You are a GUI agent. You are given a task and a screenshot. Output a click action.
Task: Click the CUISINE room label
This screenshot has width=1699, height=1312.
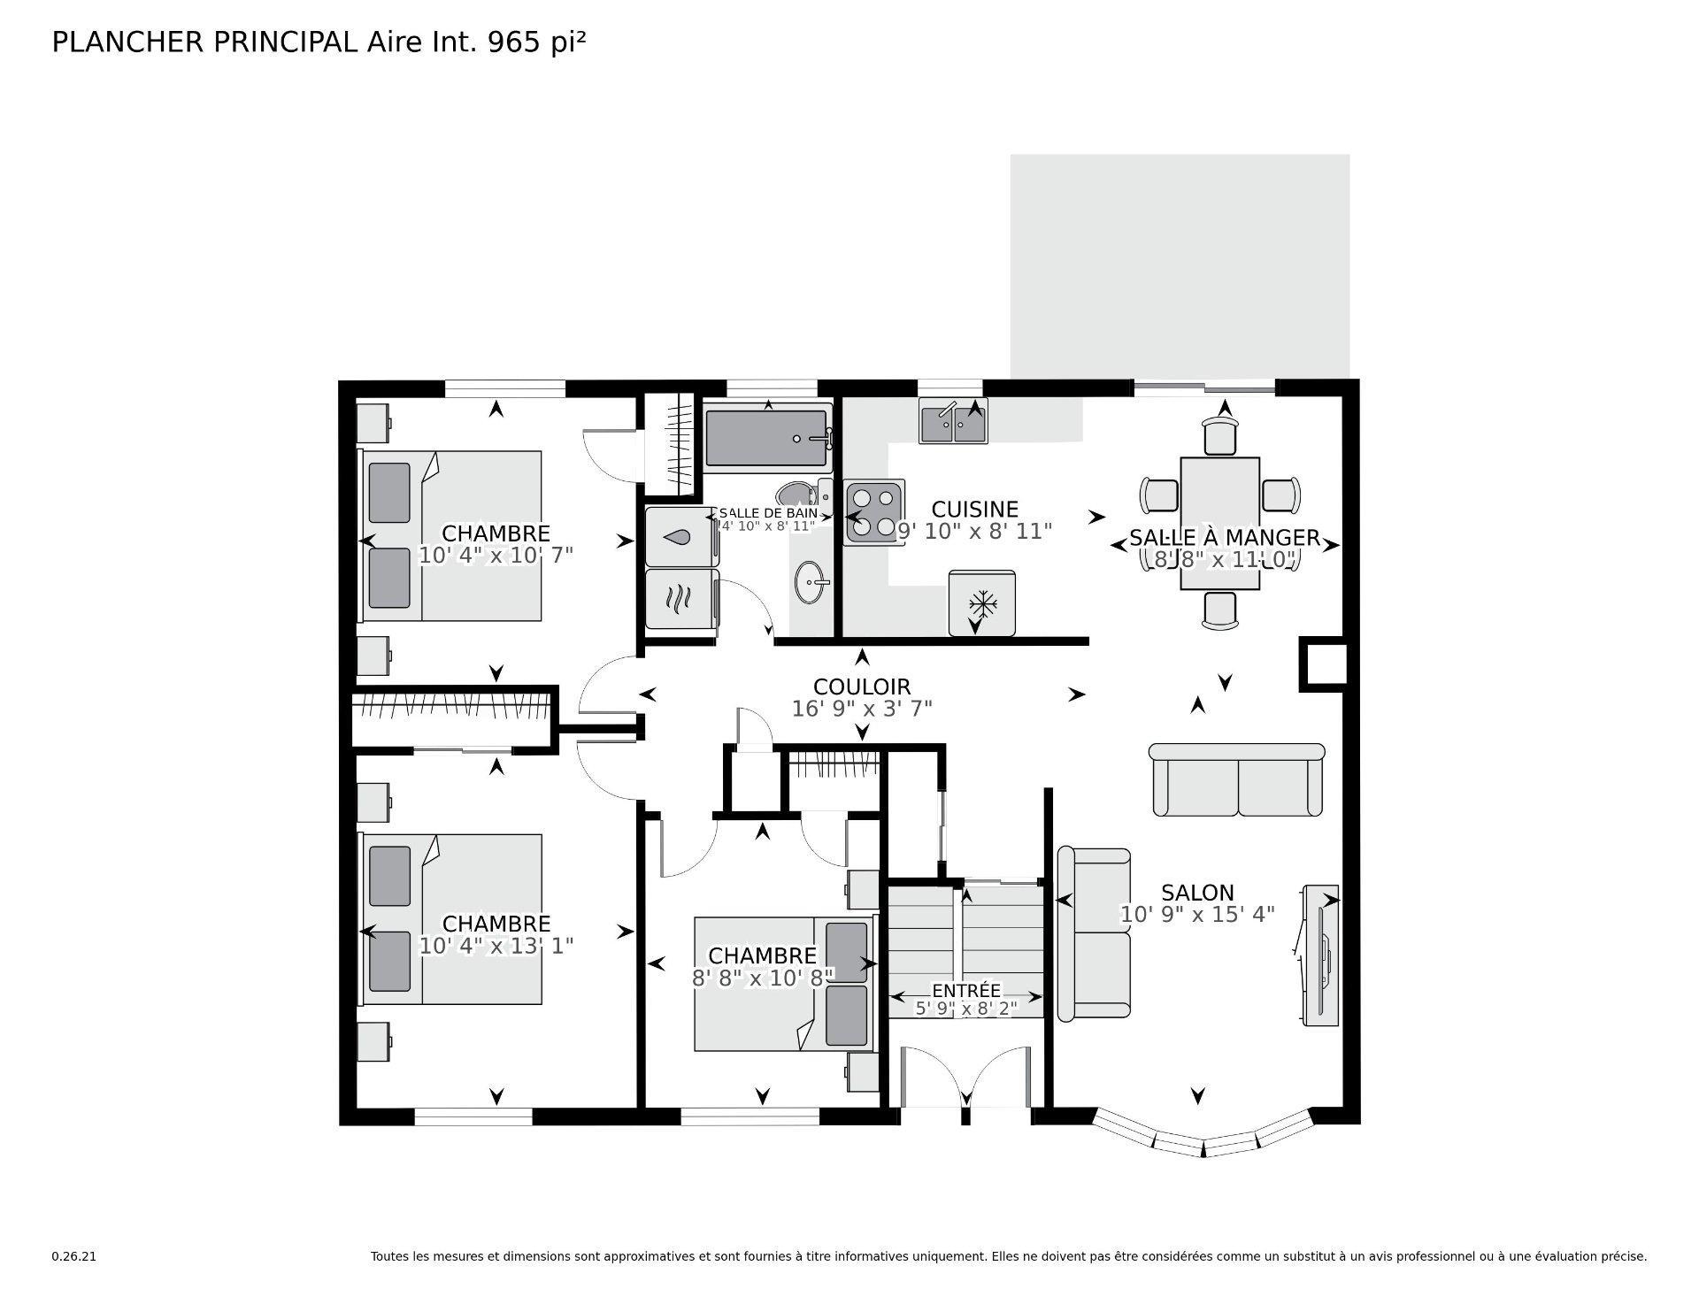(974, 510)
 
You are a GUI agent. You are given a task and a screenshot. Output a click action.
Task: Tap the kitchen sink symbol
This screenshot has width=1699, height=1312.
(952, 423)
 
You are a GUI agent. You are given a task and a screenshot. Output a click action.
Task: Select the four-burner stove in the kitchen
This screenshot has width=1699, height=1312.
(873, 513)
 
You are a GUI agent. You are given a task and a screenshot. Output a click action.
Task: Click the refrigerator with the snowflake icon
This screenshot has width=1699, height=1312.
(980, 603)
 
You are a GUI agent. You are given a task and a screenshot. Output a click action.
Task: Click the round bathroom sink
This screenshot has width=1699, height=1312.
(811, 582)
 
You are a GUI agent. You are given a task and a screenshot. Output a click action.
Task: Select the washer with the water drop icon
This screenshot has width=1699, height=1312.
(680, 536)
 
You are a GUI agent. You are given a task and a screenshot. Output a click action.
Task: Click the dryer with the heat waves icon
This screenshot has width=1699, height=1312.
(680, 599)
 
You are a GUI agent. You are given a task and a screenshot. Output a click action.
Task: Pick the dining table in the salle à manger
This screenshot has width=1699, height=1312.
(1219, 522)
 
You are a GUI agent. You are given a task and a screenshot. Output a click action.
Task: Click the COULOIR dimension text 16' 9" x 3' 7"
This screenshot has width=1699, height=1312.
(861, 709)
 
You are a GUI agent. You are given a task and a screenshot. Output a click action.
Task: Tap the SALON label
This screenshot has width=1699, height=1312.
(1197, 893)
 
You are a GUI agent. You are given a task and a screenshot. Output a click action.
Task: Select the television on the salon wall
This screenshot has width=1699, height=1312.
(1320, 955)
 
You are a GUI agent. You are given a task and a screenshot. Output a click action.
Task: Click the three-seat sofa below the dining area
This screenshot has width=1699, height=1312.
(1236, 780)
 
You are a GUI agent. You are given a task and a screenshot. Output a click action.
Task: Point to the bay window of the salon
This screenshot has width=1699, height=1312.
(1202, 1141)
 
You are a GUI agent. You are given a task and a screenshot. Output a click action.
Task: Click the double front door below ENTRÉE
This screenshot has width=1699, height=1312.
(965, 1079)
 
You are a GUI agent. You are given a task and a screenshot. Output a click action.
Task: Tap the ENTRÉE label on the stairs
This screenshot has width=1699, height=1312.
(965, 991)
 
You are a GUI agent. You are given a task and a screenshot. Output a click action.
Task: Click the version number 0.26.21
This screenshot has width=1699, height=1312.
(73, 1256)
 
